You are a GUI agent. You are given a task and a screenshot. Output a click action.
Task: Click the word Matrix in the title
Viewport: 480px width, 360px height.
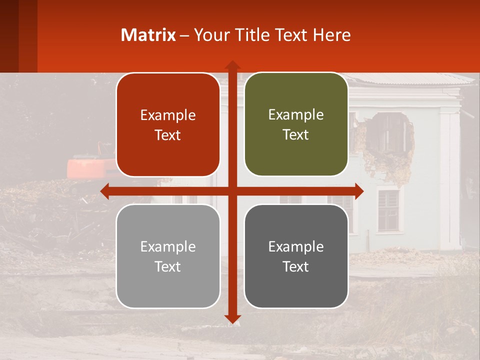(148, 35)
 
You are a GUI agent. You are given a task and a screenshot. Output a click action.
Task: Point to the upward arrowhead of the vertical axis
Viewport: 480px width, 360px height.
(232, 64)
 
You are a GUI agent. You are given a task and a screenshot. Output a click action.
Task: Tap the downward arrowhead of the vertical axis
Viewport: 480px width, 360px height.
(232, 318)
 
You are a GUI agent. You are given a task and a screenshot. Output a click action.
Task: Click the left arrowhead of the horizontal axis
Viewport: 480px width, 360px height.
(104, 191)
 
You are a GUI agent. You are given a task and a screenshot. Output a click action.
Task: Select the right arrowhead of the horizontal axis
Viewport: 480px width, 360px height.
(359, 191)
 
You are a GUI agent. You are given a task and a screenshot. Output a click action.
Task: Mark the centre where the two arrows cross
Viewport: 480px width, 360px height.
(232, 191)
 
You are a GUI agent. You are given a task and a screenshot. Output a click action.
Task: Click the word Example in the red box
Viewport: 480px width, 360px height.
(168, 115)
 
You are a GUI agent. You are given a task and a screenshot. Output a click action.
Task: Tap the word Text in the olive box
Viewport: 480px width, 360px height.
(296, 135)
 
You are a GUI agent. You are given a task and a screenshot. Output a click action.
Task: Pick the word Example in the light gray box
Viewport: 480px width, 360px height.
(168, 247)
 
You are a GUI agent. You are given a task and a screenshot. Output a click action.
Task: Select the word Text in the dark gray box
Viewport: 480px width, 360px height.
(296, 266)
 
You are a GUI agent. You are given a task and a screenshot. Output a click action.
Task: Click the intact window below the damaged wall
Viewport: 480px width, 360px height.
(388, 210)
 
